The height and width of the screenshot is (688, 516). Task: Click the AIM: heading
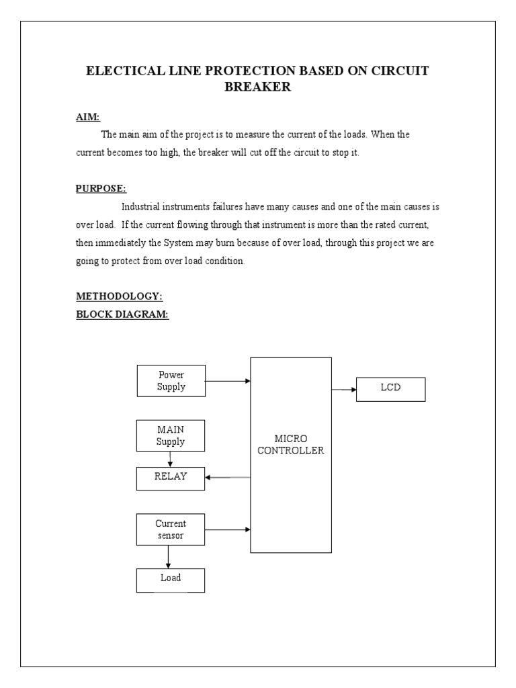[87, 117]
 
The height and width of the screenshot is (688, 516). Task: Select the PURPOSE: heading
[101, 189]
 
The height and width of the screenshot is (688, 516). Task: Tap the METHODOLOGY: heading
[119, 296]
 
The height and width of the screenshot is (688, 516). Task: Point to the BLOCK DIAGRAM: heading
[122, 314]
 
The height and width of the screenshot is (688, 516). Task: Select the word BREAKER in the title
[257, 87]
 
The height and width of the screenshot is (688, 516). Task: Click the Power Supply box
[171, 381]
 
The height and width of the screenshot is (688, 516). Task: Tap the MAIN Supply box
[171, 435]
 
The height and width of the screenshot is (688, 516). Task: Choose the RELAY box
[171, 477]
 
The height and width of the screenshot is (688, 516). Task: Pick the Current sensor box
[171, 529]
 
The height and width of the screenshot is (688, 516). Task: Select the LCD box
[390, 388]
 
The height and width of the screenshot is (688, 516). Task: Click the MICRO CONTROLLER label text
[290, 445]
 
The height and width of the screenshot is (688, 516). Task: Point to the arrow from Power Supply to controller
[227, 381]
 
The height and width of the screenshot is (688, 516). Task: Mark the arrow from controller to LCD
[343, 389]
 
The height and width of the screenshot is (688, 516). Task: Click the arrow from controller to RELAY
[227, 477]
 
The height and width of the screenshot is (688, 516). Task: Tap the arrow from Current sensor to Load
[168, 557]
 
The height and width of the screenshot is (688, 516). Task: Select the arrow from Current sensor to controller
[227, 529]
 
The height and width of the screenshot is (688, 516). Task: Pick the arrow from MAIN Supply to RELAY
[170, 459]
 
